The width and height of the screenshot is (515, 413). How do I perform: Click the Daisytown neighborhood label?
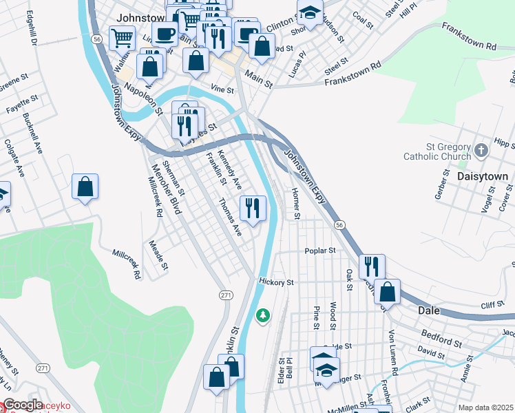click(483, 176)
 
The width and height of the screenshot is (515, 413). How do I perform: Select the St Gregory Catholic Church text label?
click(448, 151)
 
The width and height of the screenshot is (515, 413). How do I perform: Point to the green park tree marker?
click(262, 316)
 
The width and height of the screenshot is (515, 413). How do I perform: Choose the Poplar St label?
click(320, 251)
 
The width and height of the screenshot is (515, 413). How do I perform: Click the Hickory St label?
click(277, 282)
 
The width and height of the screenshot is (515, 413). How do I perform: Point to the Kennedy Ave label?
click(229, 170)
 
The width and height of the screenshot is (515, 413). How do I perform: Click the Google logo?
click(22, 405)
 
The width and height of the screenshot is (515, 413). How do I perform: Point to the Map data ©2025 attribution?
click(485, 407)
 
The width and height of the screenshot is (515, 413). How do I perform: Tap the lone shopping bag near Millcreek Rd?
click(85, 186)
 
